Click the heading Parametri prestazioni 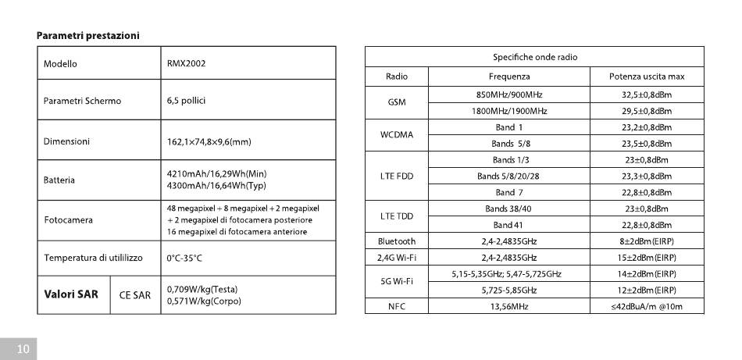pos(87,35)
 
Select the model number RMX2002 pos(187,63)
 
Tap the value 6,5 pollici pos(187,101)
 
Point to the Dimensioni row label pos(66,141)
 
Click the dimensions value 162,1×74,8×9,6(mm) pos(209,142)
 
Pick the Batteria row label pos(59,180)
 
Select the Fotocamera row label pos(68,220)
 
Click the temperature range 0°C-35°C pos(184,258)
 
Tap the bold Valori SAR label pos(71,294)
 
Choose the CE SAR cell pos(135,295)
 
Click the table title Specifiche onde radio pos(535,57)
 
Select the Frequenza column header pos(509,77)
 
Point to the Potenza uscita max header pos(647,77)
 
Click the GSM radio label pos(397,102)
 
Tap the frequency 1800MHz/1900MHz pos(509,111)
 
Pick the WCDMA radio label pos(397,135)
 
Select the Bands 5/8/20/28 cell pos(508,176)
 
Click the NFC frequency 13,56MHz pos(509,307)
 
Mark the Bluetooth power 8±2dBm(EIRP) pos(647,241)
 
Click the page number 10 pos(23,349)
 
